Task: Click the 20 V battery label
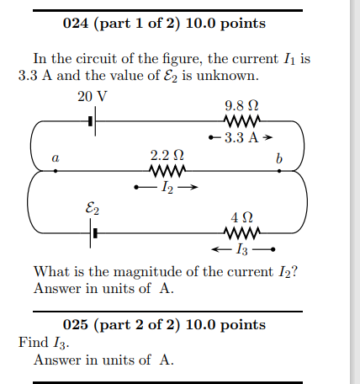(93, 96)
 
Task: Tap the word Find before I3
(32, 343)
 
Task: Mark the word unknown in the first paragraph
(225, 75)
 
